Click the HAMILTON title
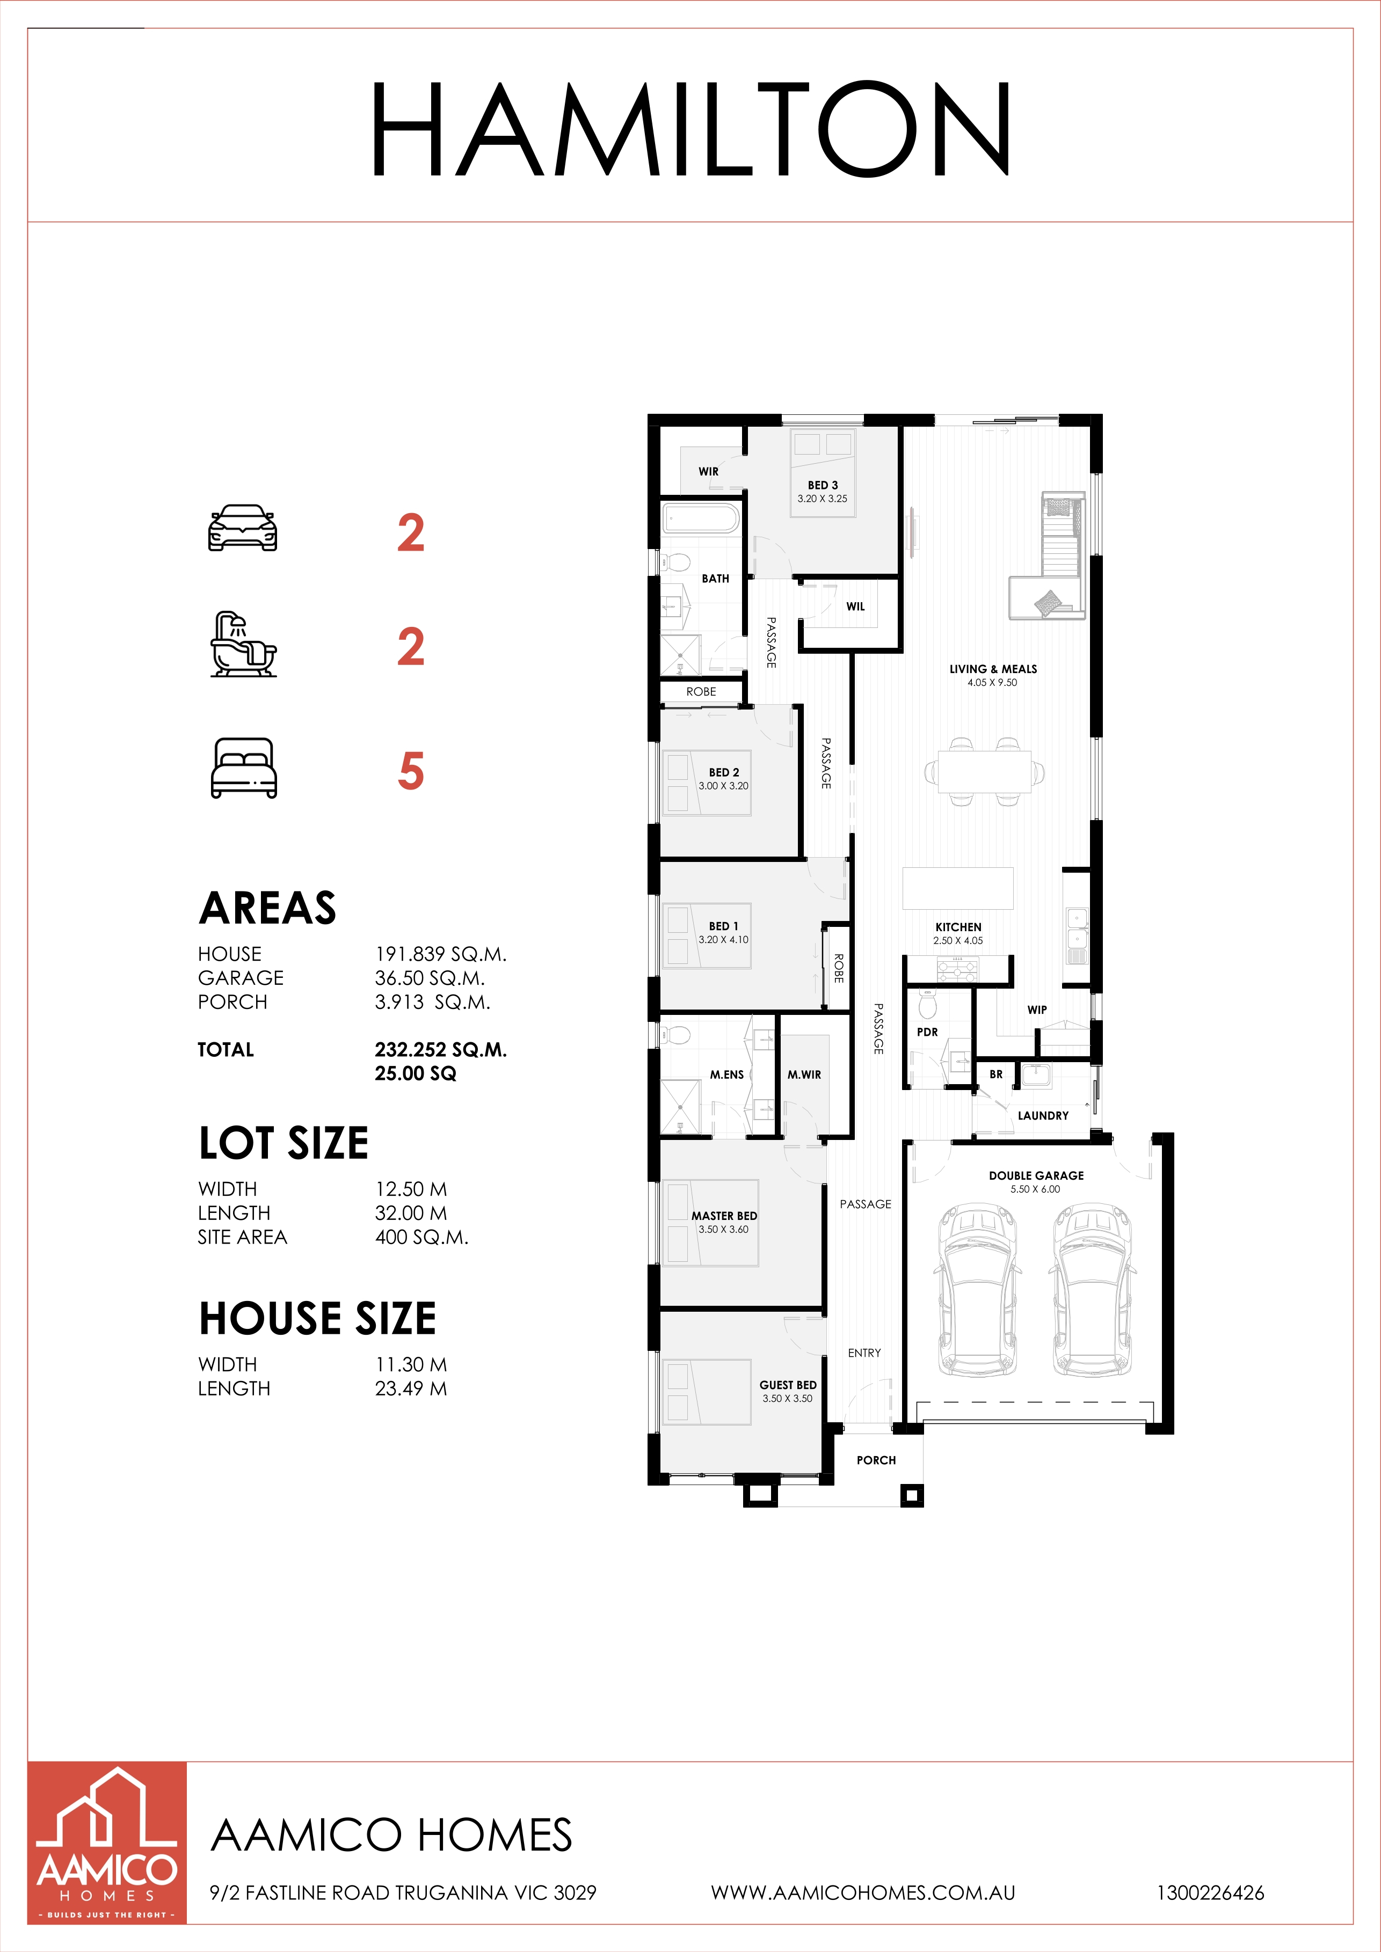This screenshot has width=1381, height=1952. [x=690, y=129]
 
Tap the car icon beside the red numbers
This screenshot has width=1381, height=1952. [x=243, y=528]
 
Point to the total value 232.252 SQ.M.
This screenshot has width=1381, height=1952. [x=440, y=1050]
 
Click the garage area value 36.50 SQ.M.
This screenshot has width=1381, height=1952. [x=430, y=978]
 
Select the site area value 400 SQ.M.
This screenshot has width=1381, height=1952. [x=422, y=1237]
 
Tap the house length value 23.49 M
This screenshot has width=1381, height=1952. [x=411, y=1388]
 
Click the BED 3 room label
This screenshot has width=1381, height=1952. [x=822, y=485]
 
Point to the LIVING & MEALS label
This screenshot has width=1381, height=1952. [x=993, y=669]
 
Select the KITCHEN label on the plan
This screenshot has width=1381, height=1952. [x=958, y=927]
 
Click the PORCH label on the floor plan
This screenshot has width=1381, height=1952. [x=876, y=1460]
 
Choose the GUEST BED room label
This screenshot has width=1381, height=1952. [x=788, y=1385]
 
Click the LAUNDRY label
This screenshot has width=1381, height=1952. [x=1043, y=1115]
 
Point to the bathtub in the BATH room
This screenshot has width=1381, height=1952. [x=702, y=518]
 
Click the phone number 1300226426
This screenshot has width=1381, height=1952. [x=1210, y=1893]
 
